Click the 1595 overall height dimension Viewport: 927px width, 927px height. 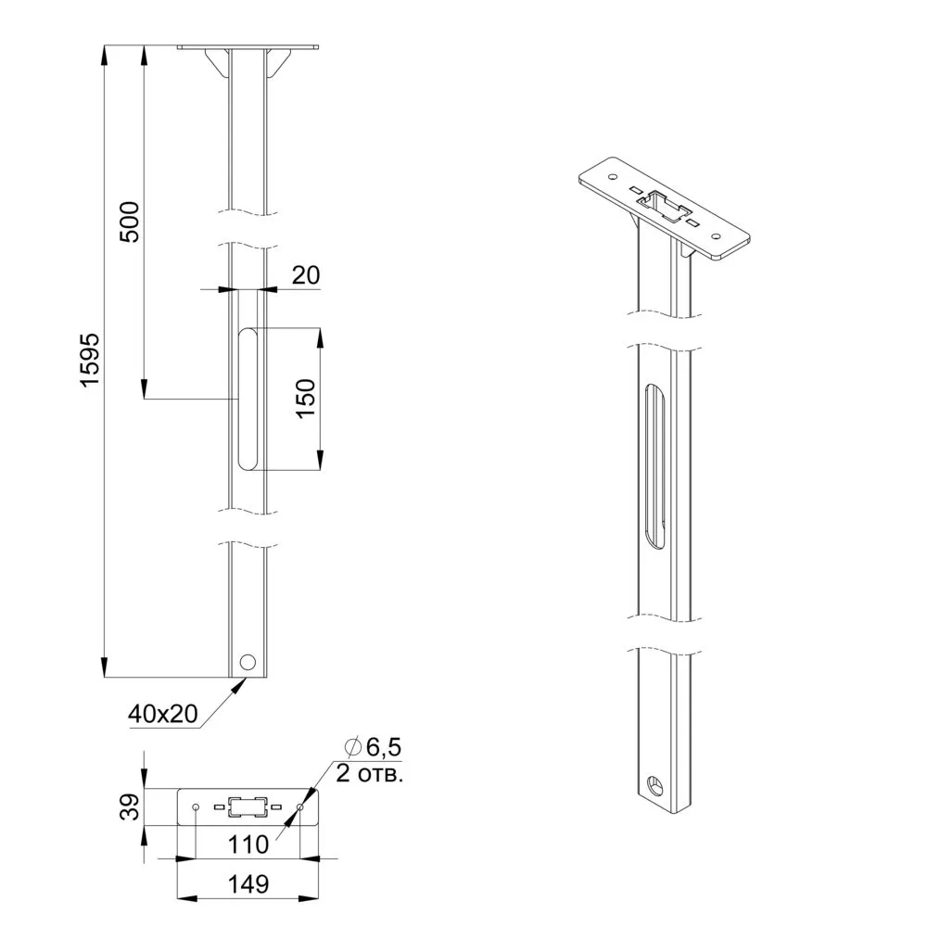tap(91, 360)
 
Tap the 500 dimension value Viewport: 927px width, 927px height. tap(130, 222)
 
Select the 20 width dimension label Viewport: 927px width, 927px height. tap(306, 275)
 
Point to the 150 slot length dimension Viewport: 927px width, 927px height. tap(305, 399)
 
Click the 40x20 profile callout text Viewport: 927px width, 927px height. tap(162, 714)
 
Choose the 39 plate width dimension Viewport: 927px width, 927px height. tap(130, 806)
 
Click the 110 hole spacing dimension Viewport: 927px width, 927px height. tap(248, 844)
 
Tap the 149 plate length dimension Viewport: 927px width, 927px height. tap(248, 883)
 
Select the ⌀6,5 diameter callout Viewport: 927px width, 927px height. tap(374, 747)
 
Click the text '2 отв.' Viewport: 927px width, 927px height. tap(370, 773)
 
